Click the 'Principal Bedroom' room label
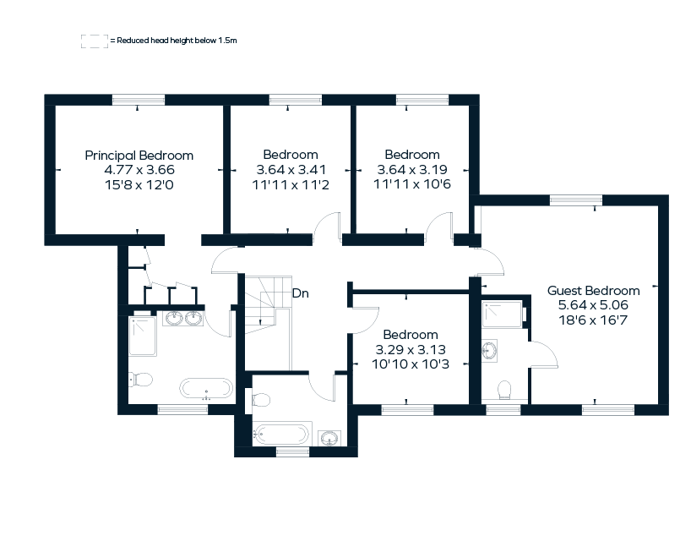pos(139,156)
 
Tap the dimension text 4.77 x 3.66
pos(139,169)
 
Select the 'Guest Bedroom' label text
pos(593,291)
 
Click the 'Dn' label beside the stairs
pos(300,294)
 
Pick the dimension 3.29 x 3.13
pos(411,349)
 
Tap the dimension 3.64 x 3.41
pos(290,169)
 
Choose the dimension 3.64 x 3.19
pos(411,169)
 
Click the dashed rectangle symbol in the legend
pos(93,41)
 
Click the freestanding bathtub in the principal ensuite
pos(206,389)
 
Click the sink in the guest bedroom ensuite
pos(490,349)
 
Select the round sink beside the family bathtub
pos(329,437)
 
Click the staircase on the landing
pos(267,321)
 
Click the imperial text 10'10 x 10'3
pos(411,364)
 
